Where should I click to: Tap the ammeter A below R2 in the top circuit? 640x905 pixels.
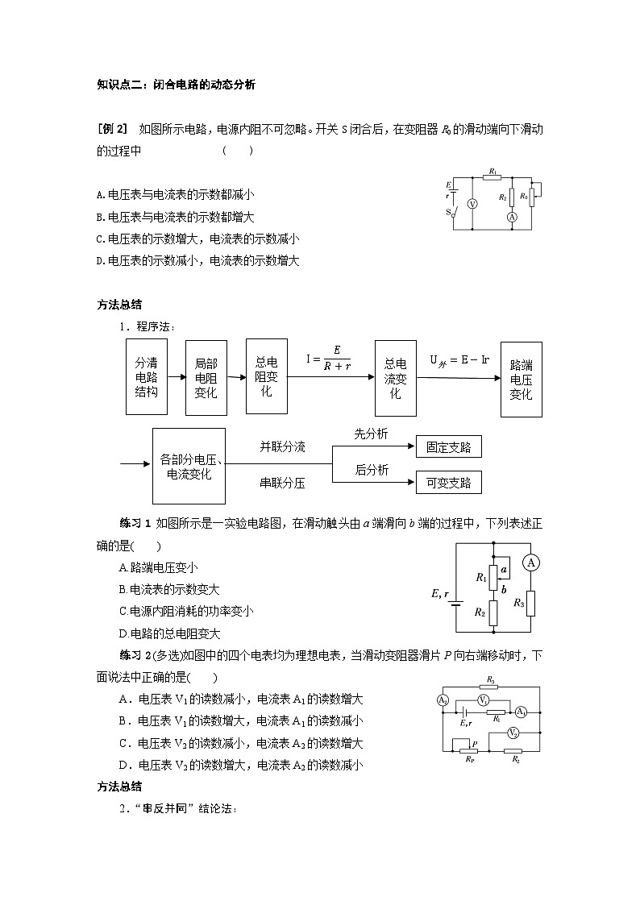coord(511,218)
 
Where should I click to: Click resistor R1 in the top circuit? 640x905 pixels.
coord(492,178)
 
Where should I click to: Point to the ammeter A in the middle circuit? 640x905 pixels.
coord(530,563)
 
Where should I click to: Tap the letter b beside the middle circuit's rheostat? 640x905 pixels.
coord(504,589)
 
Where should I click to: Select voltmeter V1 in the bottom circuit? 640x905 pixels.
coord(483,700)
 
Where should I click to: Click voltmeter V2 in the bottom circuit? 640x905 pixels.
coord(513,733)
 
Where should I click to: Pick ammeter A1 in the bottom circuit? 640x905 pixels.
coord(521,712)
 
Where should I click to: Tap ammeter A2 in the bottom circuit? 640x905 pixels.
coord(443,700)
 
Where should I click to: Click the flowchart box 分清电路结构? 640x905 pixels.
coord(147,376)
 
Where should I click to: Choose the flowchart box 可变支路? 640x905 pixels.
coord(448,483)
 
